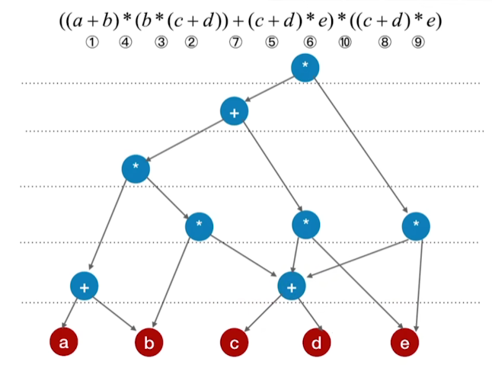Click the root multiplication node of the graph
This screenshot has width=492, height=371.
click(305, 67)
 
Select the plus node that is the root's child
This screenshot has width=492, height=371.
click(234, 112)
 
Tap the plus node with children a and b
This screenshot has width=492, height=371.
click(84, 286)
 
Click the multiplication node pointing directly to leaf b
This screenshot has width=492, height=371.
click(199, 225)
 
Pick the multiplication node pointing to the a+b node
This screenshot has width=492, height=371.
click(136, 168)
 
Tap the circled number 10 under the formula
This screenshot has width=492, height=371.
click(344, 43)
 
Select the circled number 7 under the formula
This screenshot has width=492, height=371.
click(235, 43)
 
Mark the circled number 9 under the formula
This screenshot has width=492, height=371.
click(418, 43)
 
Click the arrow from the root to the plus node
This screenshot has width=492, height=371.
click(270, 89)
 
